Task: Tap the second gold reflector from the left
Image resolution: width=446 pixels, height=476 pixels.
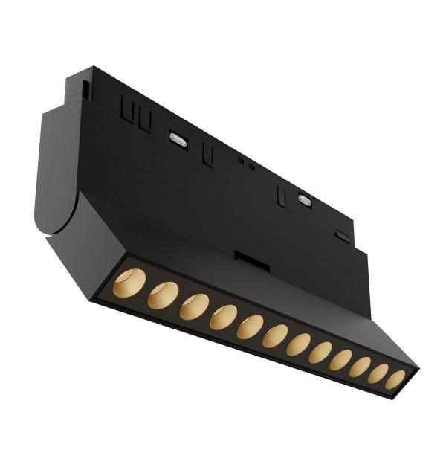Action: [x=163, y=295]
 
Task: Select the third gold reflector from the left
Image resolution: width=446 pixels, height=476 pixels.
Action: [x=194, y=306]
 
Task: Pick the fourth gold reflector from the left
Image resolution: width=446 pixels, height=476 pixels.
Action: [x=223, y=317]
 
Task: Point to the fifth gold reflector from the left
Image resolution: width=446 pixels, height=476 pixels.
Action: [x=251, y=327]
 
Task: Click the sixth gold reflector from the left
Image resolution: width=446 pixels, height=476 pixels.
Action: [x=275, y=335]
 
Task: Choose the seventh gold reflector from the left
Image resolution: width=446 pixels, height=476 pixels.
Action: [x=299, y=344]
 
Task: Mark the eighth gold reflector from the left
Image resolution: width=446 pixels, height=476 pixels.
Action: [x=320, y=353]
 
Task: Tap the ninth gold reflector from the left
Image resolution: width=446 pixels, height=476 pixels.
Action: [x=341, y=360]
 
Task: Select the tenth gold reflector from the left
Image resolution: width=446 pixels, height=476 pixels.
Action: [x=361, y=367]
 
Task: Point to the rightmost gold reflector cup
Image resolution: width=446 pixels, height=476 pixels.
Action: [x=395, y=379]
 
